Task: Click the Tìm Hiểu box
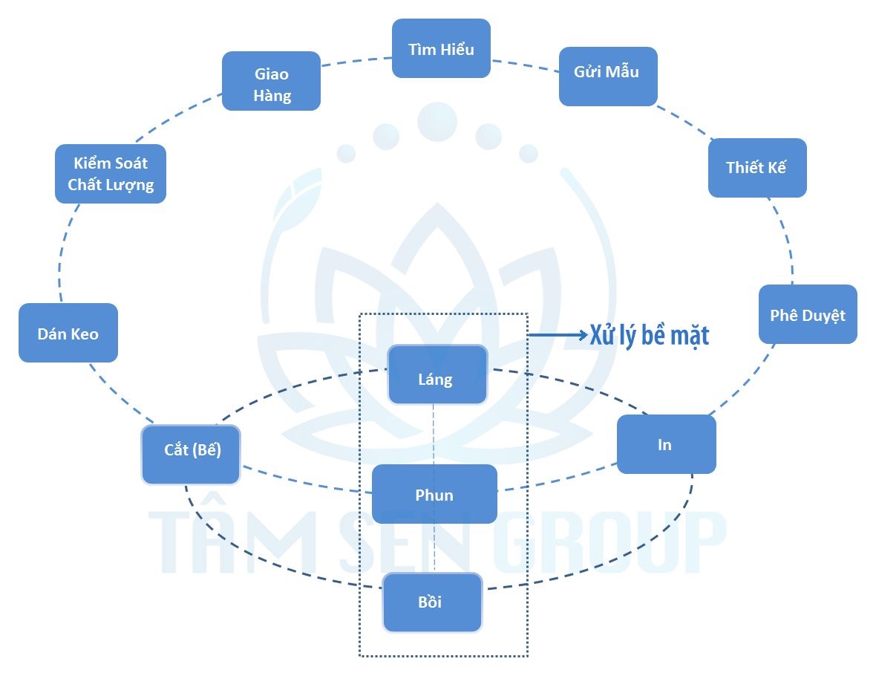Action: point(441,48)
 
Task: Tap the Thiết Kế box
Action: point(756,167)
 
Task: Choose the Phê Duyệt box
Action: point(808,314)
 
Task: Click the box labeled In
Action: point(666,444)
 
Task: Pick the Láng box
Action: point(437,375)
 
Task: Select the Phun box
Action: point(434,494)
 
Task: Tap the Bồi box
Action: point(431,602)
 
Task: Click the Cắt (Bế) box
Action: point(191,454)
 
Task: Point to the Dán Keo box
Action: point(68,333)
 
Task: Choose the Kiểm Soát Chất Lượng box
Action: point(111,174)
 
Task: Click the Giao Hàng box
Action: point(271,81)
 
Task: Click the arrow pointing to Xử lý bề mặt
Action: point(557,336)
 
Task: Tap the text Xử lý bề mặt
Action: point(650,336)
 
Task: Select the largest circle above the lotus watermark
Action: point(437,121)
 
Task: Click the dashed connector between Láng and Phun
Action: point(434,435)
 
